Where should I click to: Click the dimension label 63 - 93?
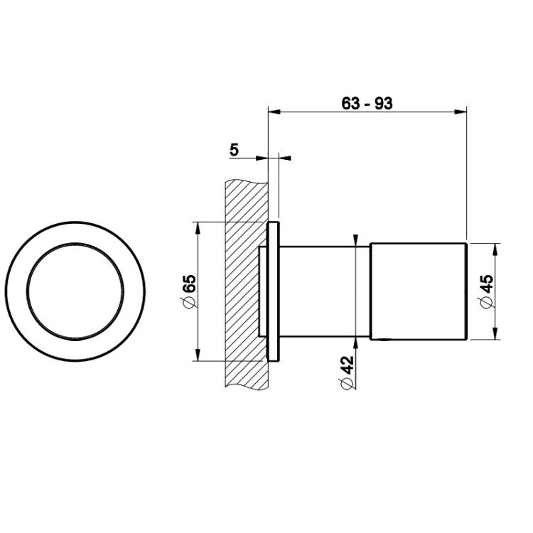[x=367, y=103]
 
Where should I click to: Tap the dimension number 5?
[x=235, y=149]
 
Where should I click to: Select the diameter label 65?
[x=189, y=284]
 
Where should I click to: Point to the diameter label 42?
[x=347, y=365]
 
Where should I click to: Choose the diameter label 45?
[x=488, y=284]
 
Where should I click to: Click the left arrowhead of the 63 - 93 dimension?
[x=274, y=112]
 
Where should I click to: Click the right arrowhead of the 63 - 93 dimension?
[x=461, y=112]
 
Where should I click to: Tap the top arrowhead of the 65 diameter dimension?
[x=197, y=228]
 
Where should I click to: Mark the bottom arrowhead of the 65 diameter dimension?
[x=197, y=355]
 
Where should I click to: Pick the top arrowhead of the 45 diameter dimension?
[x=495, y=249]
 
